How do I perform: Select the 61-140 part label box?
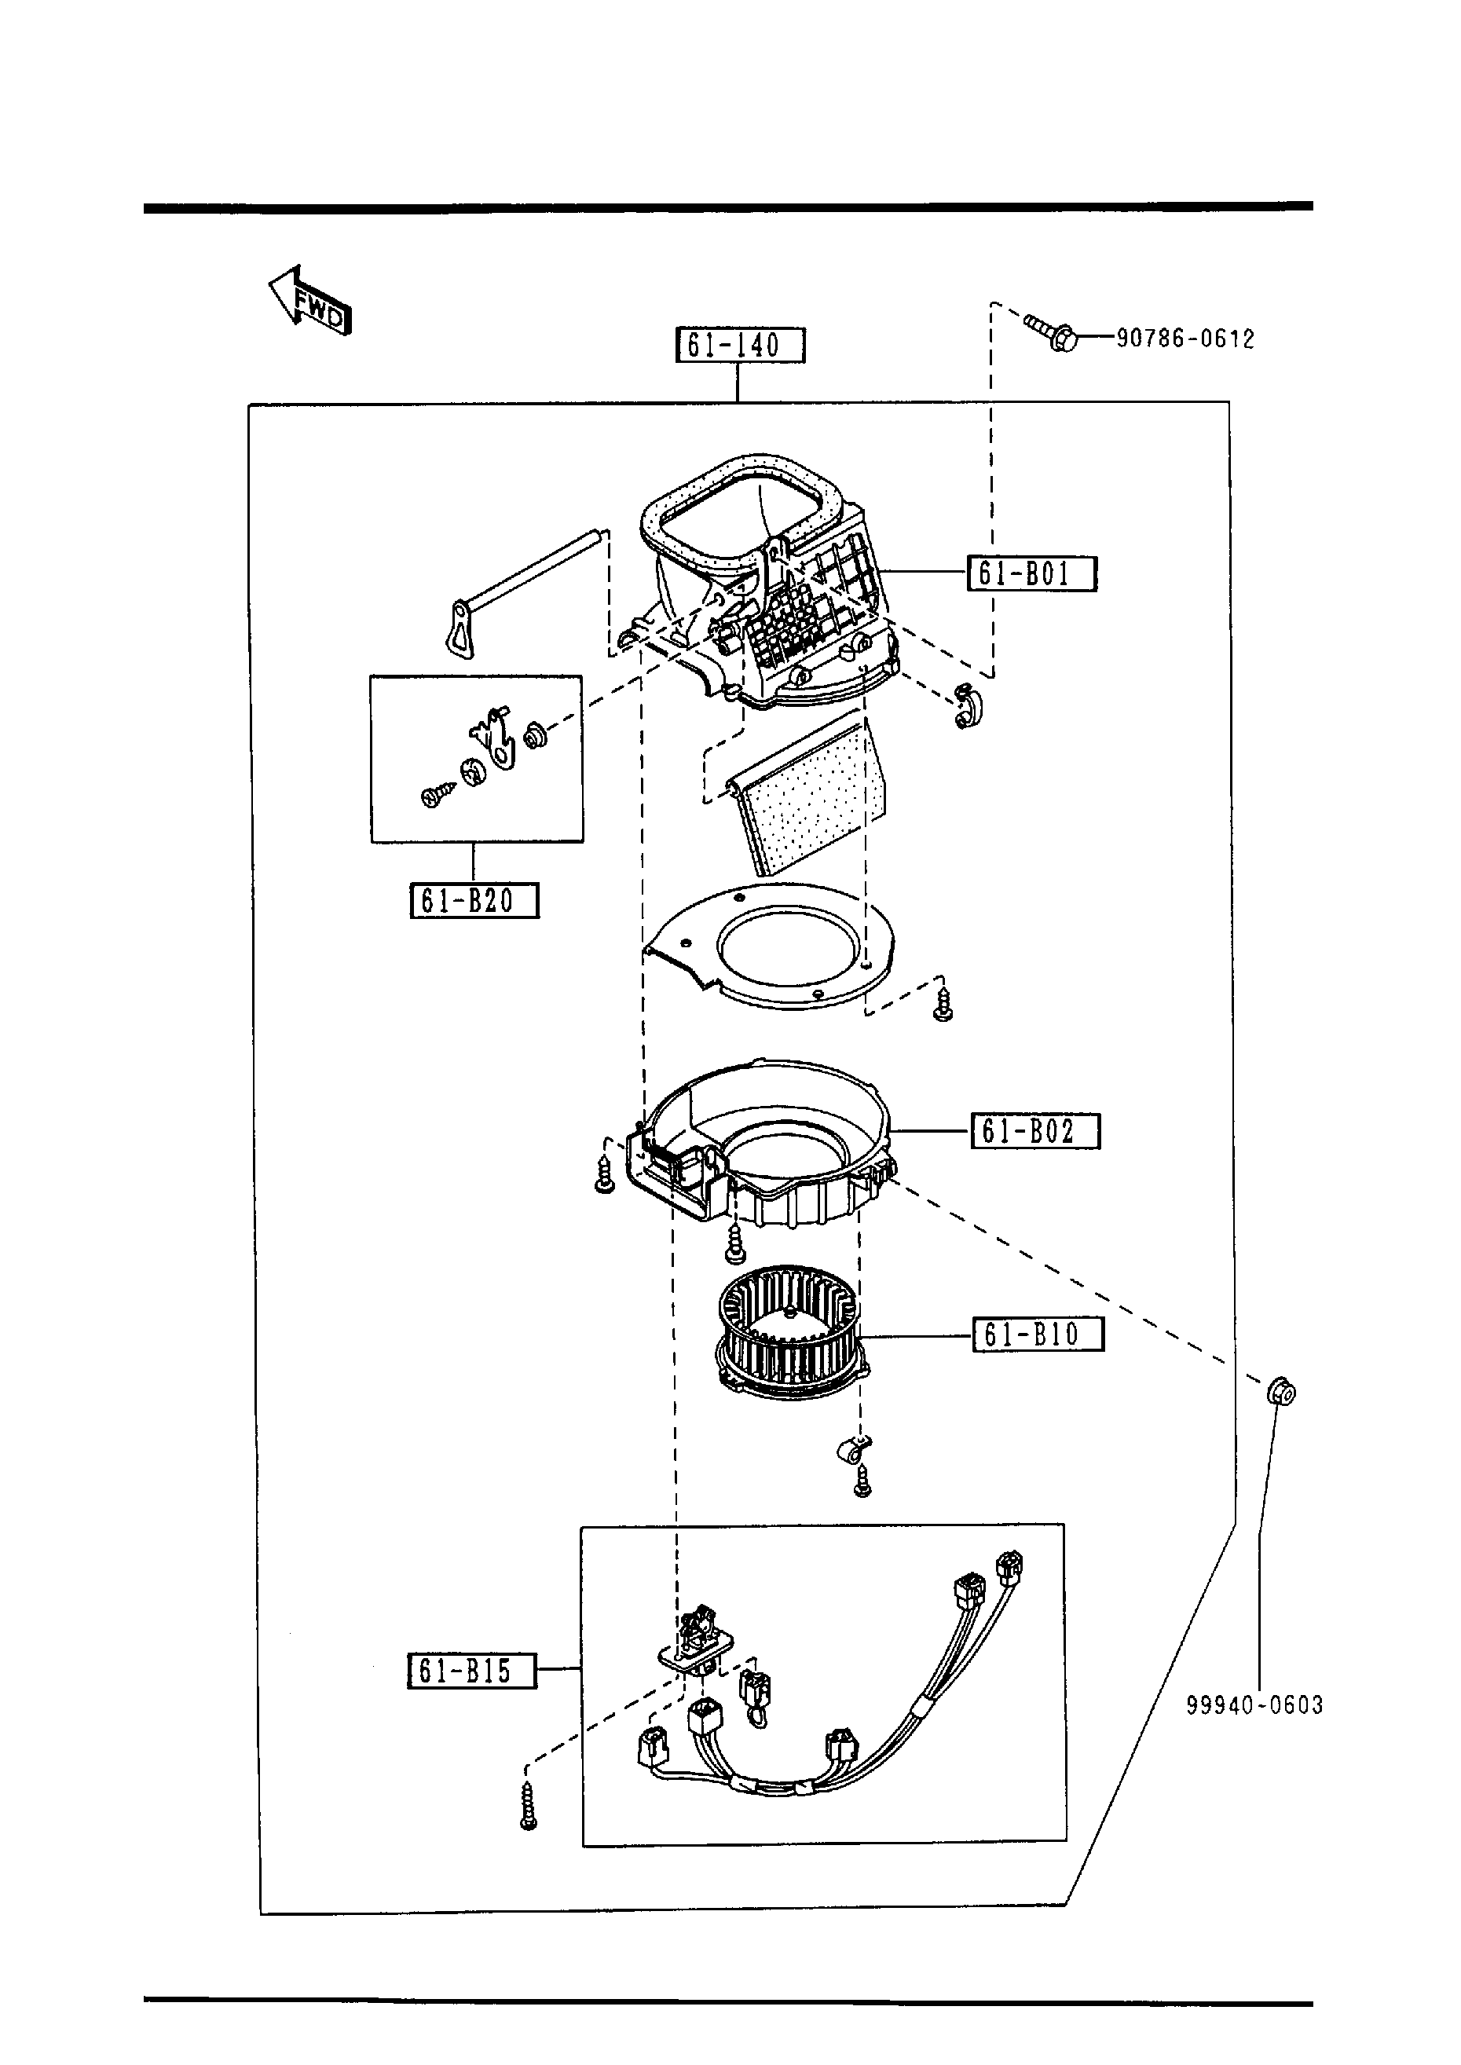[739, 346]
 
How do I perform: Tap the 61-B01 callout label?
[1032, 574]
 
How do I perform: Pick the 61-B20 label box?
[474, 900]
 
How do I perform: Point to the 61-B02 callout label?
[1034, 1130]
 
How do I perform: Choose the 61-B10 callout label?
[1038, 1334]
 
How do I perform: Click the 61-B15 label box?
[471, 1670]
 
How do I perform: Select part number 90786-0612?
[1185, 339]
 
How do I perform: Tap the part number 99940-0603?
[1254, 1704]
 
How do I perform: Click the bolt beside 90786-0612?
[1051, 334]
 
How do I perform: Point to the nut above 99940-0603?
[1280, 1393]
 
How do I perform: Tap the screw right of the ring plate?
[943, 1003]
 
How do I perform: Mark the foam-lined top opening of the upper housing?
[743, 516]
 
